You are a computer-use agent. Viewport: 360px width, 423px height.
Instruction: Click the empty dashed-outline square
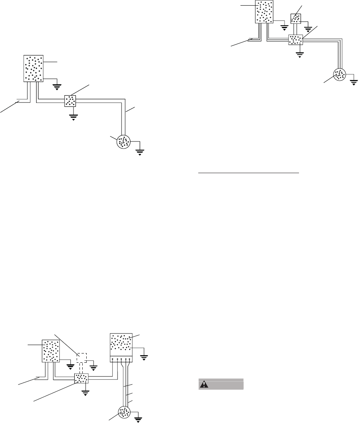[x=82, y=358]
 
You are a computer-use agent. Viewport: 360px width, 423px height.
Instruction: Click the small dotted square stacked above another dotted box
[x=295, y=19]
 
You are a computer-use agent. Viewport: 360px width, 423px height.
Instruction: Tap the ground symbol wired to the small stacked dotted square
[x=309, y=29]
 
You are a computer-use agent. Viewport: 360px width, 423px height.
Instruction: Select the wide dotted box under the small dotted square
[x=295, y=39]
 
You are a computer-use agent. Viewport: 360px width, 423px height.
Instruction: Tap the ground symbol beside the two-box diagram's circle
[x=140, y=152]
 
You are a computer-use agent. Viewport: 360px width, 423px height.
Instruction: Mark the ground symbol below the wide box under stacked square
[x=299, y=55]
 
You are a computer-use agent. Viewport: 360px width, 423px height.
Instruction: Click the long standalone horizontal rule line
[x=249, y=174]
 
